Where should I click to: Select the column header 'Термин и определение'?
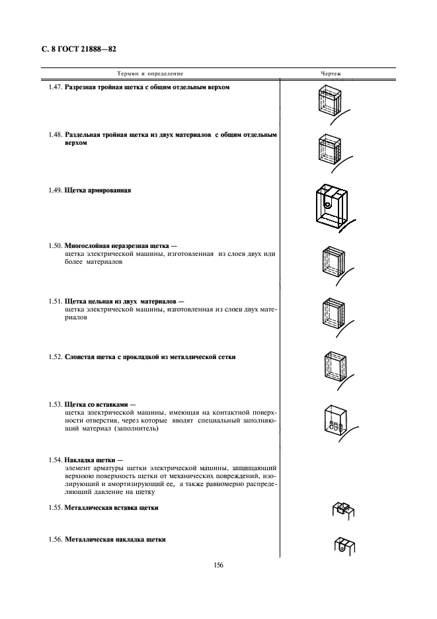click(x=150, y=73)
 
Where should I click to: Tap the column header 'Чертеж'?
click(x=331, y=73)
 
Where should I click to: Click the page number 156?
click(x=218, y=564)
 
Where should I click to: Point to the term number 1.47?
click(x=56, y=88)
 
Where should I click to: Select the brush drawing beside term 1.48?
click(x=331, y=150)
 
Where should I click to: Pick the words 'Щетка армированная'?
click(x=98, y=190)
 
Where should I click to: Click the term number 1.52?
click(x=56, y=357)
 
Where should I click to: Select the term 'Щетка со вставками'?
click(x=97, y=403)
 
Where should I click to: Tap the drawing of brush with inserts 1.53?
click(x=334, y=421)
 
